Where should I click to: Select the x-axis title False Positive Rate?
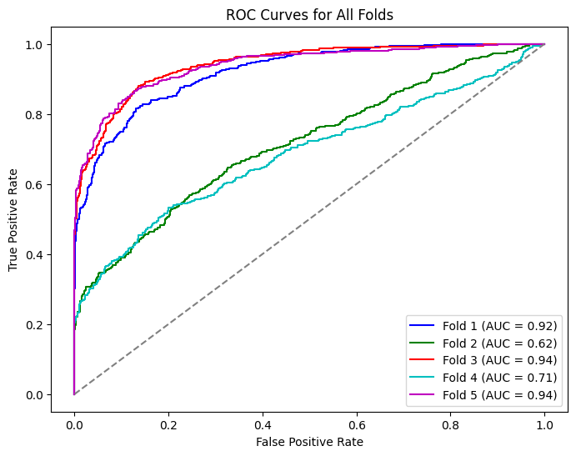click(x=309, y=441)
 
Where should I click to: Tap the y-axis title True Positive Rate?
click(x=13, y=218)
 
